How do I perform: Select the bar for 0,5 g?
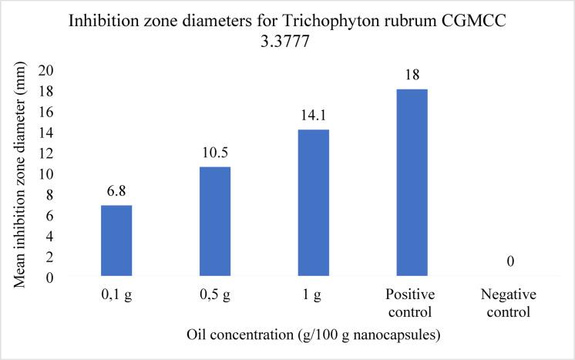(214, 222)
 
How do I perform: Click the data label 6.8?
(116, 190)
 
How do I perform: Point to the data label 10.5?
(214, 152)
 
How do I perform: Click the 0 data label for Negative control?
(510, 262)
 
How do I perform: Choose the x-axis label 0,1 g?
(116, 296)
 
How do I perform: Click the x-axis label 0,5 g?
(214, 296)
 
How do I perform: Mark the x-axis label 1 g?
(313, 296)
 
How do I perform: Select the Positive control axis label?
(412, 304)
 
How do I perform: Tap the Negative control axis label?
(510, 304)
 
